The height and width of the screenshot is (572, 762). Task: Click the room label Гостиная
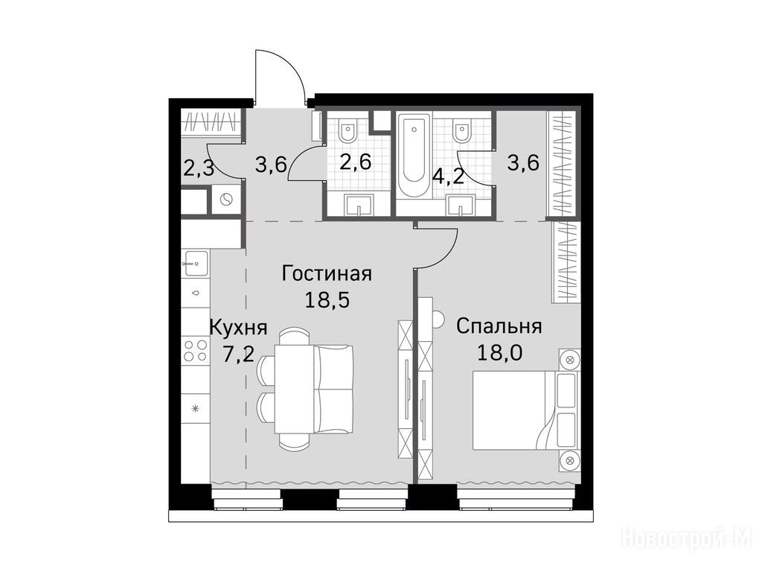coord(327,274)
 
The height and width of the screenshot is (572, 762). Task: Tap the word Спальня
coord(499,326)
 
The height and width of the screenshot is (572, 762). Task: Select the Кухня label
coord(237,328)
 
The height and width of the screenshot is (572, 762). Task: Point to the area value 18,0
coord(499,352)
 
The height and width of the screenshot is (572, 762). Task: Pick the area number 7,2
coord(237,355)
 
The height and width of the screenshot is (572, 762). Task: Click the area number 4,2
coord(448,176)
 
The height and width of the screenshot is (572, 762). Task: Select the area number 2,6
coord(356,162)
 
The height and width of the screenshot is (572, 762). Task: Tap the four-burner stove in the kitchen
coord(196,350)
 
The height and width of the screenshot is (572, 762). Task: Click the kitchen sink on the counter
coord(195,264)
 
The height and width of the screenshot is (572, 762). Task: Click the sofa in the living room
coord(333,389)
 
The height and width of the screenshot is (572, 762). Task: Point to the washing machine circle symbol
coord(226,200)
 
